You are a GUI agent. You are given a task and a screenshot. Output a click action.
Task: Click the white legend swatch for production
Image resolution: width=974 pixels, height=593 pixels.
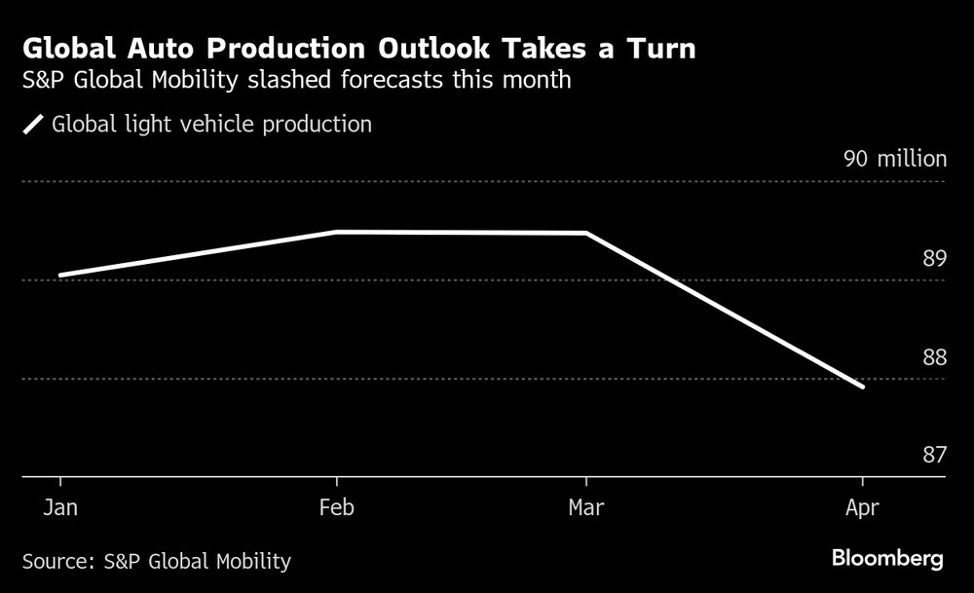click(34, 125)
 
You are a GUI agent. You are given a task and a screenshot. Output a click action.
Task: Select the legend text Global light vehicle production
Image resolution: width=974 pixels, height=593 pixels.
click(211, 125)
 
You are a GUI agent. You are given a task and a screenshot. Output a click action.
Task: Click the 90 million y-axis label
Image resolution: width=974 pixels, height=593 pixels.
click(894, 160)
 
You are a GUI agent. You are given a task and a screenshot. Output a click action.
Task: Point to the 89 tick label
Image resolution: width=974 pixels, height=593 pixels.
click(934, 259)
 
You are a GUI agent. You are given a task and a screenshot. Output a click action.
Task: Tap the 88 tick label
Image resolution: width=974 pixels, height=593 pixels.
click(934, 357)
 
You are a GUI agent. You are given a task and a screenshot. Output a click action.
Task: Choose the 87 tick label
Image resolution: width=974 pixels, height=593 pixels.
click(934, 456)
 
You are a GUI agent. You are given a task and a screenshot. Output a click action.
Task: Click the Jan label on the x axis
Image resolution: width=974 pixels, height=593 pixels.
click(60, 507)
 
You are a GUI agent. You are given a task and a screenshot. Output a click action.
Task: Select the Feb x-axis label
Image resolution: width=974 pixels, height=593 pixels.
click(336, 507)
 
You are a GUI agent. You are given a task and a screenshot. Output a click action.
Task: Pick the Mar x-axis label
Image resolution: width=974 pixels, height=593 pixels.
click(585, 507)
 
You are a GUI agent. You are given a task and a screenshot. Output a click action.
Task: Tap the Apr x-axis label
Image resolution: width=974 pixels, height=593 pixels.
click(862, 507)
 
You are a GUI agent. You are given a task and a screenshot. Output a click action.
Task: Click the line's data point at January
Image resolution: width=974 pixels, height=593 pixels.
click(60, 275)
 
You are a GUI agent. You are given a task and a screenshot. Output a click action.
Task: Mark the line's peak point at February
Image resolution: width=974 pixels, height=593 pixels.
click(336, 232)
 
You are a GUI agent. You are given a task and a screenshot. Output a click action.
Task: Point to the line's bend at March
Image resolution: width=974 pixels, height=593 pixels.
click(585, 234)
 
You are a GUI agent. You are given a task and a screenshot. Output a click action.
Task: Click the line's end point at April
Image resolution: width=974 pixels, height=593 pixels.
click(862, 387)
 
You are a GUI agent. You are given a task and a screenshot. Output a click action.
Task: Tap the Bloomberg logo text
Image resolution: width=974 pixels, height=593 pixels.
click(886, 559)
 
